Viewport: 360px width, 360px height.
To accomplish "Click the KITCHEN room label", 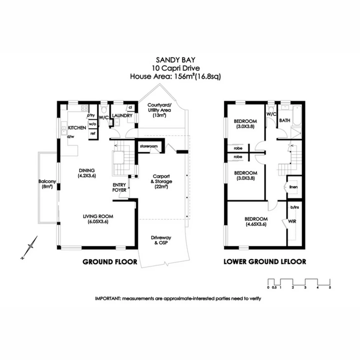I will coord(77,128).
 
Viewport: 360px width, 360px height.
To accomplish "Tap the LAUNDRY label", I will coord(122,115).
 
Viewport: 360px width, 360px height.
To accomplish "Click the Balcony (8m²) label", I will coord(47,184).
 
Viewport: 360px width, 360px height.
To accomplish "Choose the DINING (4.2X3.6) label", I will coord(87,172).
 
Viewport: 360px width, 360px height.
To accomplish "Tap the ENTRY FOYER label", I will coord(120,187).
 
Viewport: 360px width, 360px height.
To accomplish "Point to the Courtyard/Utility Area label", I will coord(159,110).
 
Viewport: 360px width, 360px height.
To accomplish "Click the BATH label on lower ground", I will coord(284,120).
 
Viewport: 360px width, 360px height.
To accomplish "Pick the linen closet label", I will coord(293,187).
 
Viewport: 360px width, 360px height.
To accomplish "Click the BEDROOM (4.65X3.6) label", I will coord(256,222).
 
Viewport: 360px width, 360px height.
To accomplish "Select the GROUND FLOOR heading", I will coord(110,262).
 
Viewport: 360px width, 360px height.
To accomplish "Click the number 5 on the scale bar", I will coord(330,287).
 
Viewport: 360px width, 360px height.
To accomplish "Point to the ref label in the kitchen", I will coord(92,133).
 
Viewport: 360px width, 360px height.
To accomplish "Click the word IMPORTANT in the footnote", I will coord(108,299).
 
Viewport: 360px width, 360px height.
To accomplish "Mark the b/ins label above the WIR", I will coord(295,207).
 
